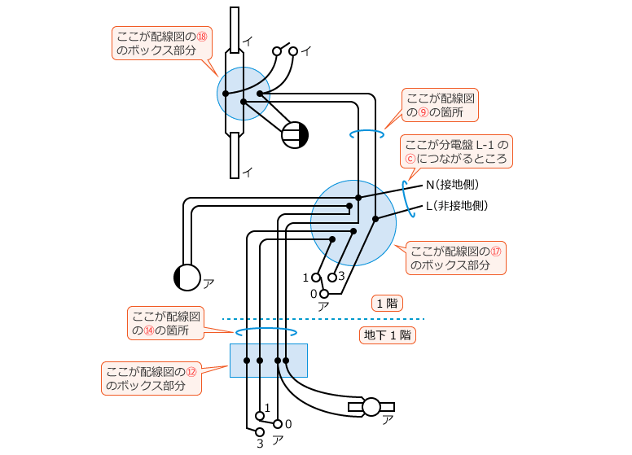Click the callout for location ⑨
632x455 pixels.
coord(441,104)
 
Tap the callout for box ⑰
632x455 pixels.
coord(455,257)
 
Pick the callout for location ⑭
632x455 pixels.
coord(165,322)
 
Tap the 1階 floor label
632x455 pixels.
coord(386,304)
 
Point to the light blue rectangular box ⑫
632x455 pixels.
coord(269,360)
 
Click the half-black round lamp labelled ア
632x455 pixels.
coord(187,278)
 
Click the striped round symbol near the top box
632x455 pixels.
coord(295,135)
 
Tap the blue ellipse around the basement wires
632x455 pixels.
coord(266,332)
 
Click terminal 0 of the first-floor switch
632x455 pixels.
coord(324,293)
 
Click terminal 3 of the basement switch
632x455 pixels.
coord(259,431)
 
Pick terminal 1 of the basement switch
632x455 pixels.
coord(259,417)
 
